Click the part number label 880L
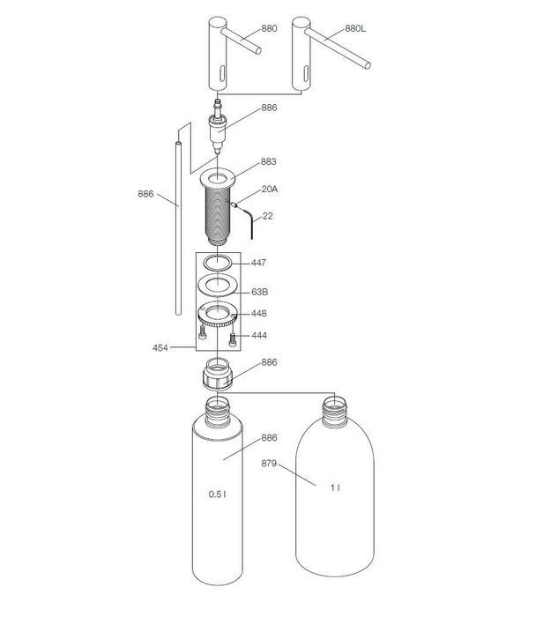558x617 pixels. click(356, 28)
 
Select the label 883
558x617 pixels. click(268, 162)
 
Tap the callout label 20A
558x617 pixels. click(269, 190)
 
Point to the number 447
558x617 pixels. click(258, 263)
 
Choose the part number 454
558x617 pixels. click(160, 348)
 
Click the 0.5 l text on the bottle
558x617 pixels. click(218, 494)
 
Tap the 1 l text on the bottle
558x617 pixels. click(335, 487)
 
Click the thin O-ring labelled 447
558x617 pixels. click(217, 262)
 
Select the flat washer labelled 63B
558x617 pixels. click(216, 286)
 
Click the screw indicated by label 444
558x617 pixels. click(233, 338)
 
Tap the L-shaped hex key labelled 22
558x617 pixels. click(251, 220)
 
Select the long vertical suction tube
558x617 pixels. click(177, 229)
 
